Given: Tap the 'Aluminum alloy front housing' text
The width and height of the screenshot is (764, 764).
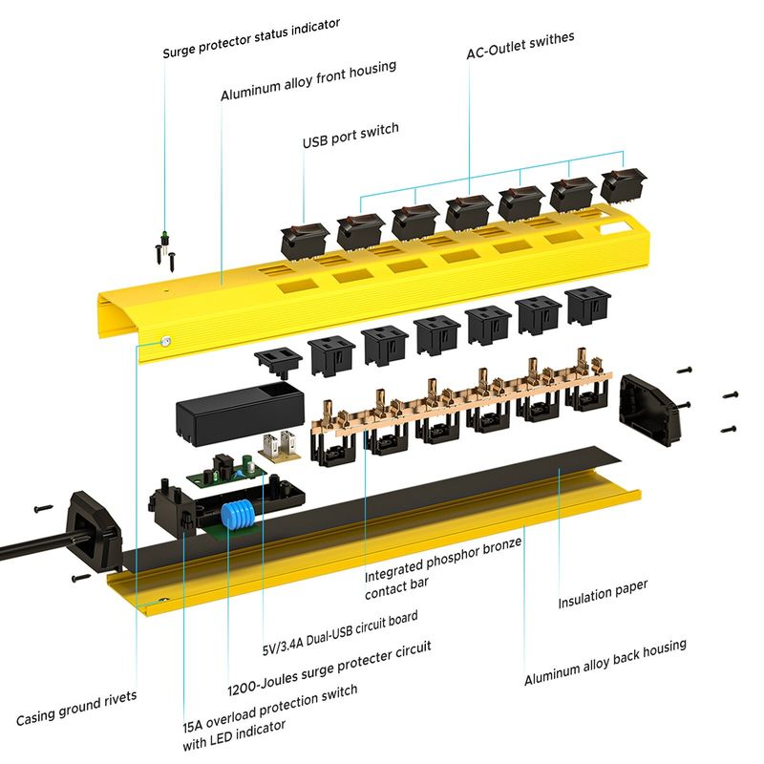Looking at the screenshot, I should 308,82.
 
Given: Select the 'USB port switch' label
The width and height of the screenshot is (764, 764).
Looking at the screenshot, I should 350,136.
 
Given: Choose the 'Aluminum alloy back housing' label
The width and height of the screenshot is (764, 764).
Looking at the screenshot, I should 605,662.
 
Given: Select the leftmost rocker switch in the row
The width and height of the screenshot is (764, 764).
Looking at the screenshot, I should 306,235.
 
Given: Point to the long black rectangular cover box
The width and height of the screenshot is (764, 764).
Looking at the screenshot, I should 234,414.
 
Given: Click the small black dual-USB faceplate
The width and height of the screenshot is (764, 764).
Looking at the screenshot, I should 278,361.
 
